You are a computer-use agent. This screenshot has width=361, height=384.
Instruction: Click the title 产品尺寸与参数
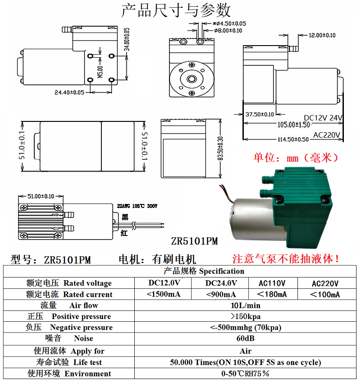176,10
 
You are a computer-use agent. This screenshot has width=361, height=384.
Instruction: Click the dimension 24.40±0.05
69,93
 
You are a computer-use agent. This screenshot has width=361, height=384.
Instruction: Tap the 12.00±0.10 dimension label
322,35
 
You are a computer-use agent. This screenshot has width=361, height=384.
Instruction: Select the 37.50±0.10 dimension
259,114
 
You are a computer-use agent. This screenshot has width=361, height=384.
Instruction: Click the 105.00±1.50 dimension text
293,125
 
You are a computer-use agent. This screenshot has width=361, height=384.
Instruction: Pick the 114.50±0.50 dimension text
293,139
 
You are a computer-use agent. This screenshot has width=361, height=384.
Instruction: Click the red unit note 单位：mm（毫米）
296,158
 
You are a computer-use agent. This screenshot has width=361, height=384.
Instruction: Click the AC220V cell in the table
325,283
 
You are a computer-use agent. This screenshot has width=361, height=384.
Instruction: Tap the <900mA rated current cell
221,295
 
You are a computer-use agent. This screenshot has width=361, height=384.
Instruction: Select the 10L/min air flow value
245,305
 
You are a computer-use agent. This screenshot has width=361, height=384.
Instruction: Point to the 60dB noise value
245,338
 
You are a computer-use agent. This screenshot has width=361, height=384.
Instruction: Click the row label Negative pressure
81,328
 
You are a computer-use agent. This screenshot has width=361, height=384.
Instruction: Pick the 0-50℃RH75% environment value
245,374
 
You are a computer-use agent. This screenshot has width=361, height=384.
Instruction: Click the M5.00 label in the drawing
100,72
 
